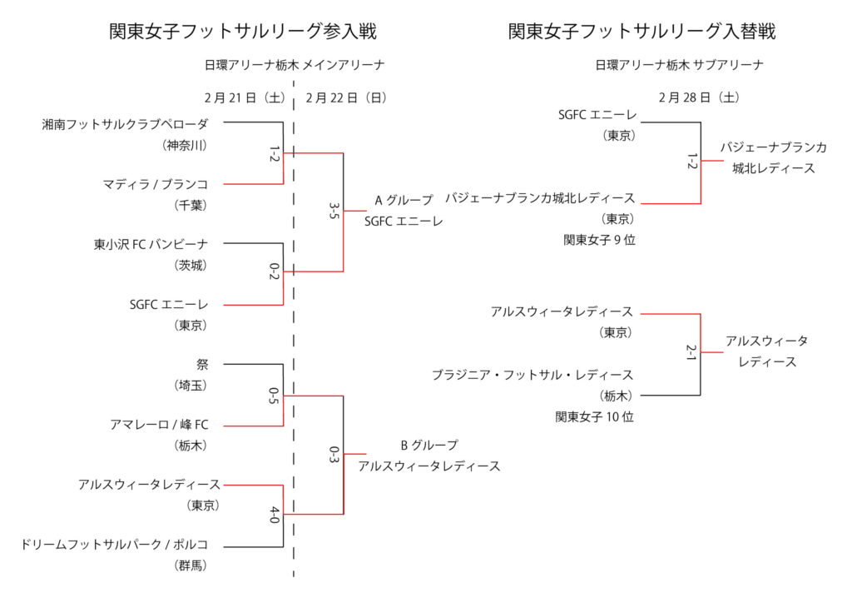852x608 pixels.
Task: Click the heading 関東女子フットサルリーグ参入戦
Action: (243, 32)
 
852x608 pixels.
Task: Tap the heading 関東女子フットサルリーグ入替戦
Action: (641, 32)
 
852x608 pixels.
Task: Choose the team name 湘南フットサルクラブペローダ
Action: (126, 124)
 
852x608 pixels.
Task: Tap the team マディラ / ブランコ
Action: (156, 184)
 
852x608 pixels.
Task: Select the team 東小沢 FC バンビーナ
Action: (151, 244)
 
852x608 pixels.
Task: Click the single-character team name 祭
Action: (202, 364)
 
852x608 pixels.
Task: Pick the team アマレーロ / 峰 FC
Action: (159, 425)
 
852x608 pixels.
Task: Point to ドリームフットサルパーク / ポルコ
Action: (115, 545)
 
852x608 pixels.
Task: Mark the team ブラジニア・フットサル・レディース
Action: (532, 375)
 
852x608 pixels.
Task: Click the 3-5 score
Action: (334, 212)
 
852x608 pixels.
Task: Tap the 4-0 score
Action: (275, 515)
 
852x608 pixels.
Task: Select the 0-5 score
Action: (275, 395)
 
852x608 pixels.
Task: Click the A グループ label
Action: (404, 200)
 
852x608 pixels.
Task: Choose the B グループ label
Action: (429, 445)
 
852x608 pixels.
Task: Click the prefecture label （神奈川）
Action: (185, 145)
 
